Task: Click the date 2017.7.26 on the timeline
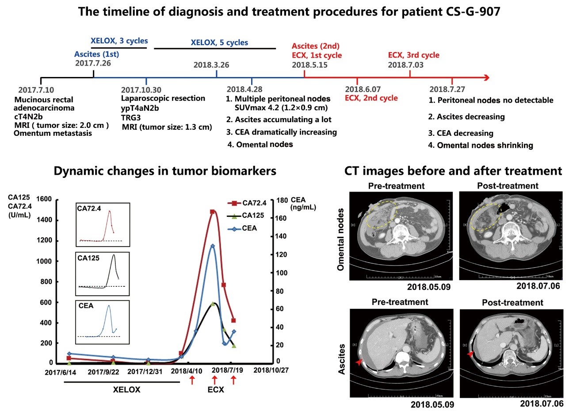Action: (x=93, y=63)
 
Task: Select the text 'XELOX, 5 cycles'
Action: (x=219, y=43)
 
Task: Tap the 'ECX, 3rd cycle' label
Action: (x=413, y=55)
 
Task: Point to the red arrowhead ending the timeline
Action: (x=486, y=78)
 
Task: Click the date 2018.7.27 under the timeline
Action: (x=447, y=89)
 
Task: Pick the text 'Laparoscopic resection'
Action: (x=163, y=98)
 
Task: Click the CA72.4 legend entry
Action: (x=248, y=203)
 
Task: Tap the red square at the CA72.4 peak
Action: (x=213, y=212)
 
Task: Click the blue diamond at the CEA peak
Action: (x=213, y=246)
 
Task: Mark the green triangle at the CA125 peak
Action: (x=213, y=304)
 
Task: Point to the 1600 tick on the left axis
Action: (x=44, y=200)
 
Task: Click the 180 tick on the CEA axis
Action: (x=282, y=200)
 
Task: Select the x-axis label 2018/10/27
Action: (x=271, y=370)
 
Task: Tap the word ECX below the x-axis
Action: (x=216, y=390)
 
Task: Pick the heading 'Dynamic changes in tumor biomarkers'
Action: (x=165, y=171)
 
